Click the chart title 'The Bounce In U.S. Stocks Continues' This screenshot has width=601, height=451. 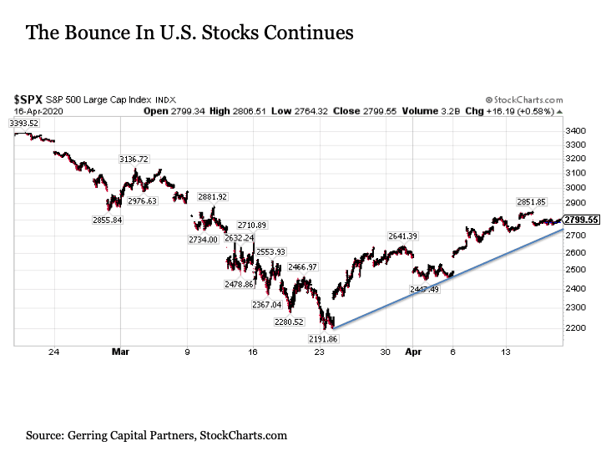189,33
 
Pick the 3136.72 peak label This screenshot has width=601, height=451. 134,159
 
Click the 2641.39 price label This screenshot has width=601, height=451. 402,236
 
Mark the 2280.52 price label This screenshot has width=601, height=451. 289,322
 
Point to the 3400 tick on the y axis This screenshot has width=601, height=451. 574,131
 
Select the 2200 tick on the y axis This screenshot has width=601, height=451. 574,327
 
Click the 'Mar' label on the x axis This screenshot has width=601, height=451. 119,353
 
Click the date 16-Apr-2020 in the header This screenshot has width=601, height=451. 36,109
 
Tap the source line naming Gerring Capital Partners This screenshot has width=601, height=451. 156,435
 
